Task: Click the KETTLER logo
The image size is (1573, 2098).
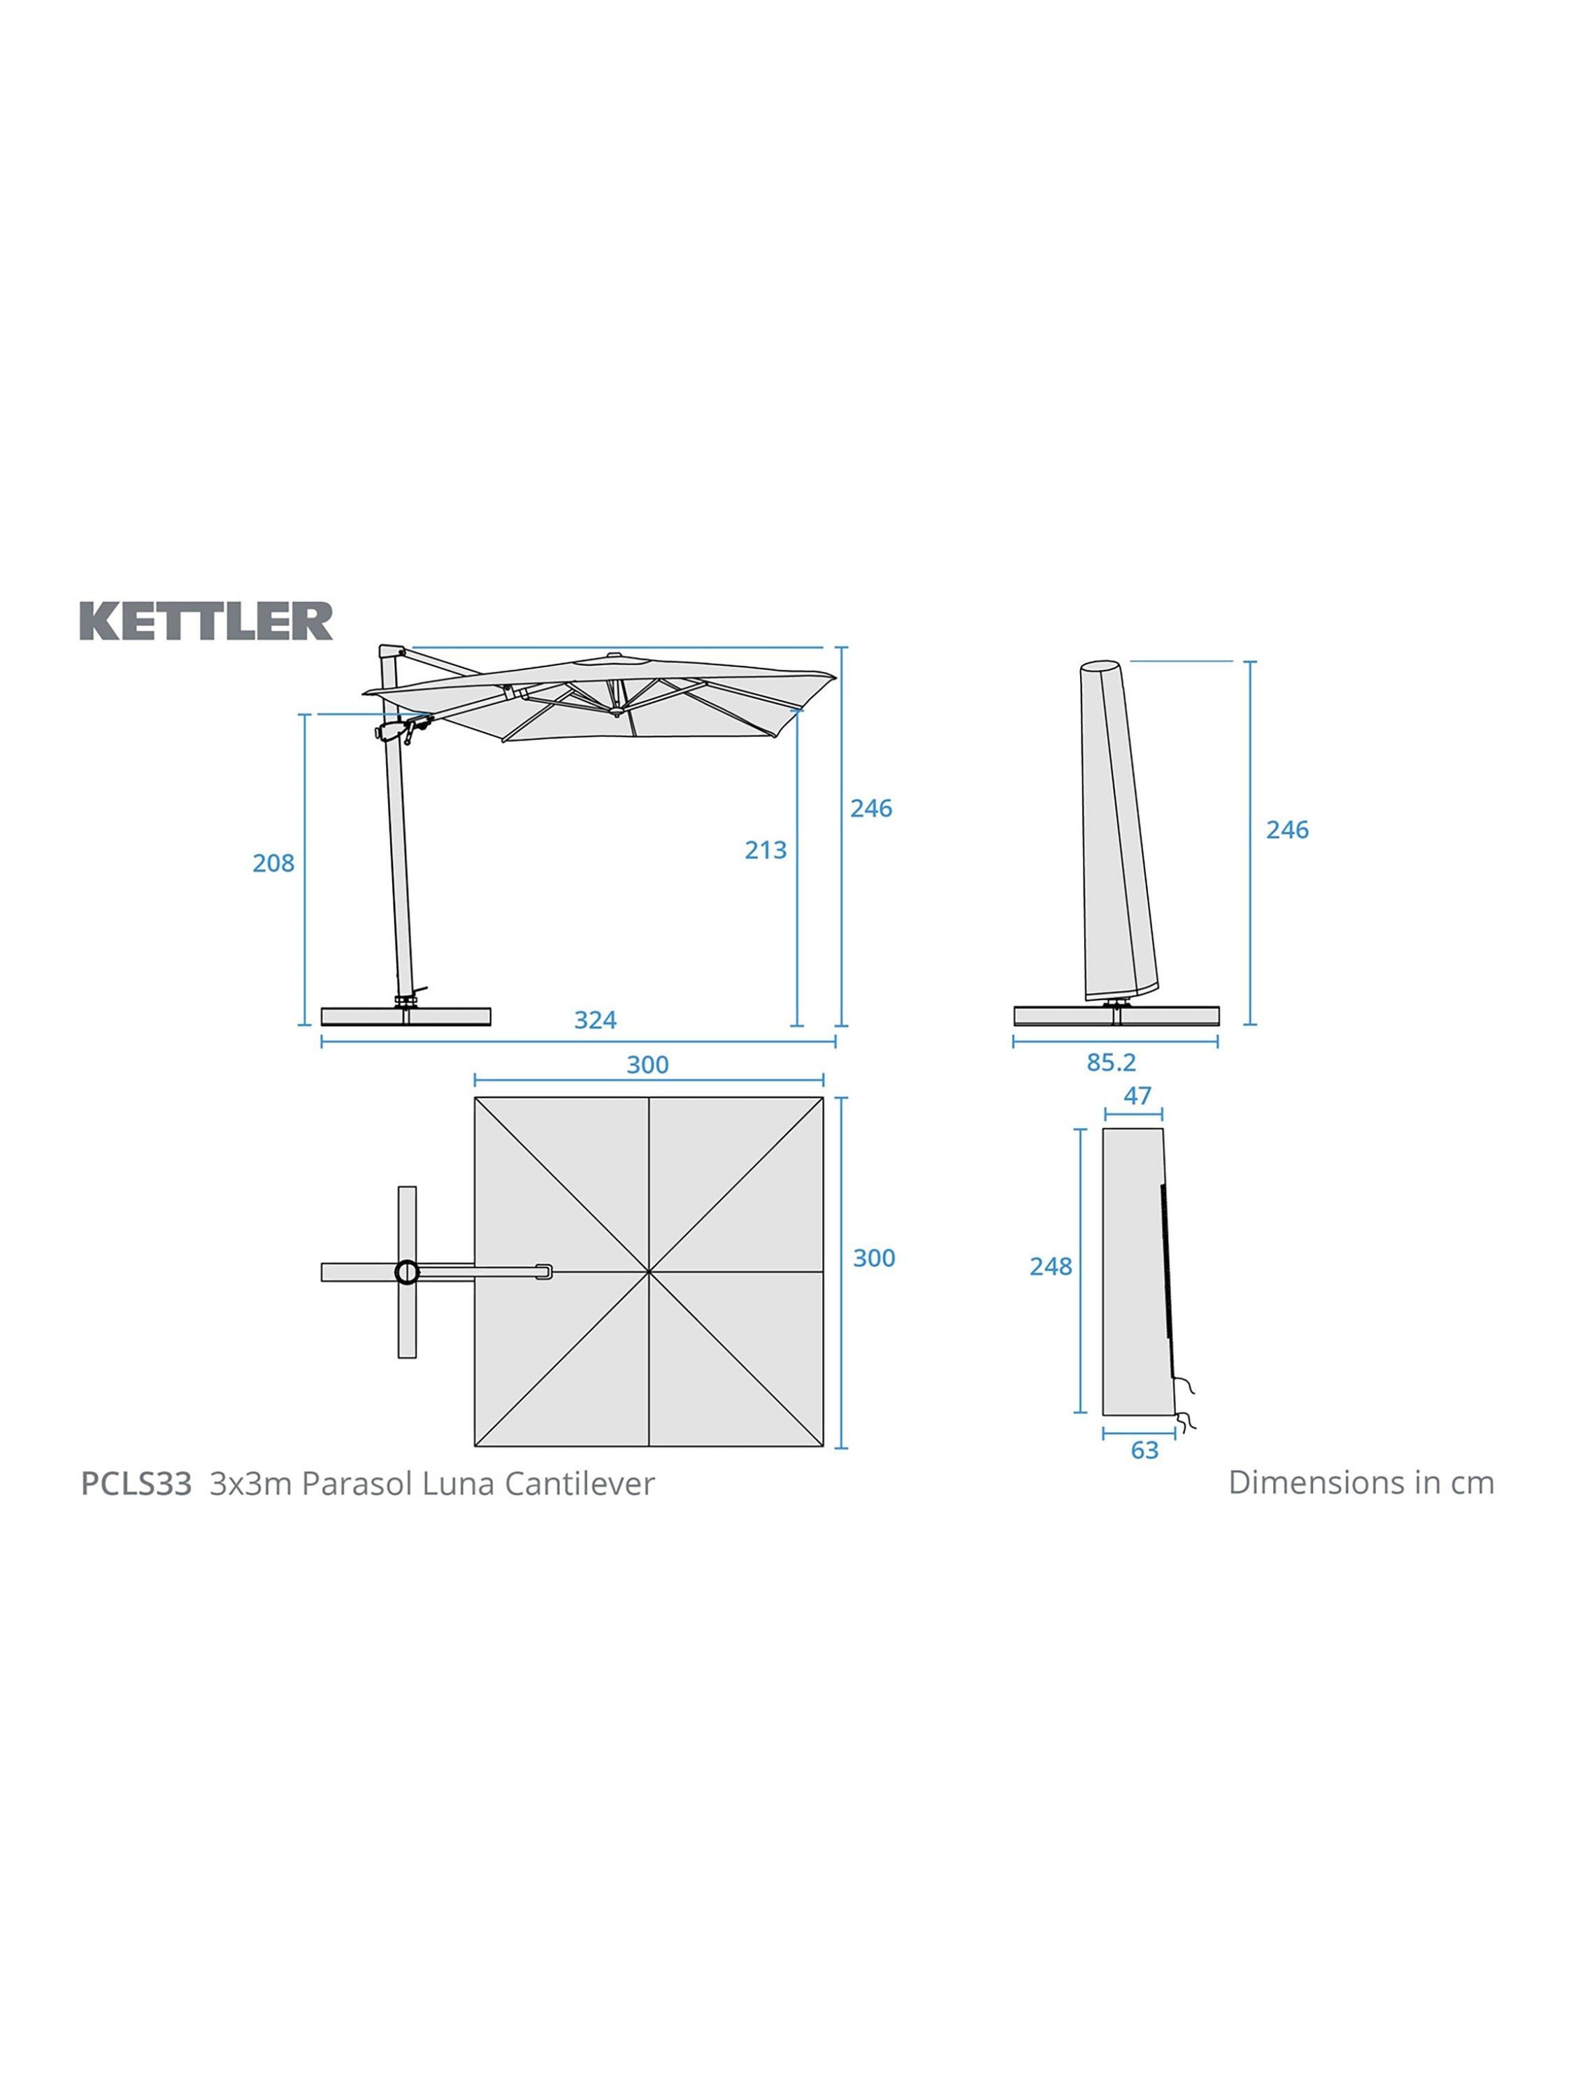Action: [x=206, y=621]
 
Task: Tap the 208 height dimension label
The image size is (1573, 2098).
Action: [x=273, y=863]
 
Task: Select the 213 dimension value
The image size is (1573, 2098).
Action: [x=765, y=850]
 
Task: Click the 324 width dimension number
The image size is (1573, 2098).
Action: [x=596, y=1020]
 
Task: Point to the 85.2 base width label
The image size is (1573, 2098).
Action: [x=1112, y=1062]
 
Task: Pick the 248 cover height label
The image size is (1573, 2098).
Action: [x=1051, y=1266]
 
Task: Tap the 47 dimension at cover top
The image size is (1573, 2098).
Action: [x=1137, y=1095]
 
